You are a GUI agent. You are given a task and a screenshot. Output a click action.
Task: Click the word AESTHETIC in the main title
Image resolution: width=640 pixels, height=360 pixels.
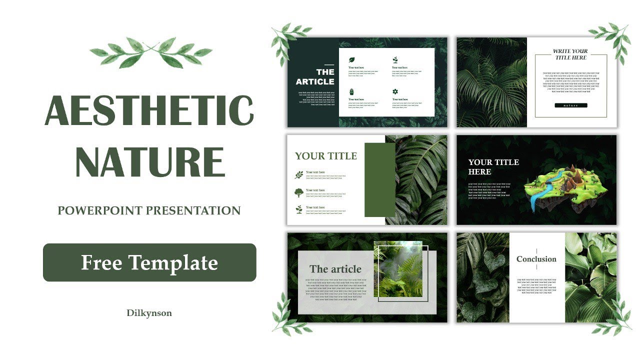pyautogui.click(x=149, y=110)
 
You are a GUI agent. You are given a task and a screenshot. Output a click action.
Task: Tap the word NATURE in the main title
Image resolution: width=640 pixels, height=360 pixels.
pyautogui.click(x=149, y=161)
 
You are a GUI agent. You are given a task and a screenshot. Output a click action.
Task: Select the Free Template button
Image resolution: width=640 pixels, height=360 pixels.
pyautogui.click(x=149, y=262)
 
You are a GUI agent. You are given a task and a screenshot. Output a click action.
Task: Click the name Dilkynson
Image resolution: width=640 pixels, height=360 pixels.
pyautogui.click(x=149, y=313)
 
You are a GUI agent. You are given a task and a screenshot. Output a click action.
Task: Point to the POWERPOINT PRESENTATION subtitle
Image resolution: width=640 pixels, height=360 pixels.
pyautogui.click(x=149, y=210)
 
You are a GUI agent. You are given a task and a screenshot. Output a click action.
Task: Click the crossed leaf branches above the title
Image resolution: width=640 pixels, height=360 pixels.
pyautogui.click(x=150, y=52)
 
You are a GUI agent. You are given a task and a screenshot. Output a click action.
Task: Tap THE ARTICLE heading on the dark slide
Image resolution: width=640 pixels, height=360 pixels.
pyautogui.click(x=315, y=77)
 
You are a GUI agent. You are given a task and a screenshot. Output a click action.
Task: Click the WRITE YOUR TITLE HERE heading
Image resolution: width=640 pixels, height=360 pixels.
pyautogui.click(x=570, y=54)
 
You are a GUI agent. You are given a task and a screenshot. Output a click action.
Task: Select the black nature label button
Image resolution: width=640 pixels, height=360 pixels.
pyautogui.click(x=570, y=105)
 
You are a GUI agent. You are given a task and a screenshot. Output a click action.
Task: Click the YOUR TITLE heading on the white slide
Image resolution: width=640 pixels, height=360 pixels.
pyautogui.click(x=326, y=156)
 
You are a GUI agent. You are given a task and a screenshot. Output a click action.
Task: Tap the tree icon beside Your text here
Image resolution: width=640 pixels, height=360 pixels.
pyautogui.click(x=299, y=192)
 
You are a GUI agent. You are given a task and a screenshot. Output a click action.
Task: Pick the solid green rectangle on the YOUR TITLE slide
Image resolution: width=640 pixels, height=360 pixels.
pyautogui.click(x=379, y=180)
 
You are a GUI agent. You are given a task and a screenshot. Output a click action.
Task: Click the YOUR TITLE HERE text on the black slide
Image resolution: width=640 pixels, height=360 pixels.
pyautogui.click(x=493, y=167)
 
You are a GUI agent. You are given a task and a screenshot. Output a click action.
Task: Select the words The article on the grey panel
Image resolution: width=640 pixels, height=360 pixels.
pyautogui.click(x=335, y=269)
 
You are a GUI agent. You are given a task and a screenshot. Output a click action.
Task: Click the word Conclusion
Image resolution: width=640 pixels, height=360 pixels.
pyautogui.click(x=536, y=259)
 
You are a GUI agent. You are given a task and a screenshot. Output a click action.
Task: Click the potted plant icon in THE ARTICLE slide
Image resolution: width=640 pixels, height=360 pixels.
pyautogui.click(x=351, y=91)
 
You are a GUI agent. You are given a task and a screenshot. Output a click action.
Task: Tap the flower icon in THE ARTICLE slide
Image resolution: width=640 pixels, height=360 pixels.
pyautogui.click(x=395, y=91)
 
